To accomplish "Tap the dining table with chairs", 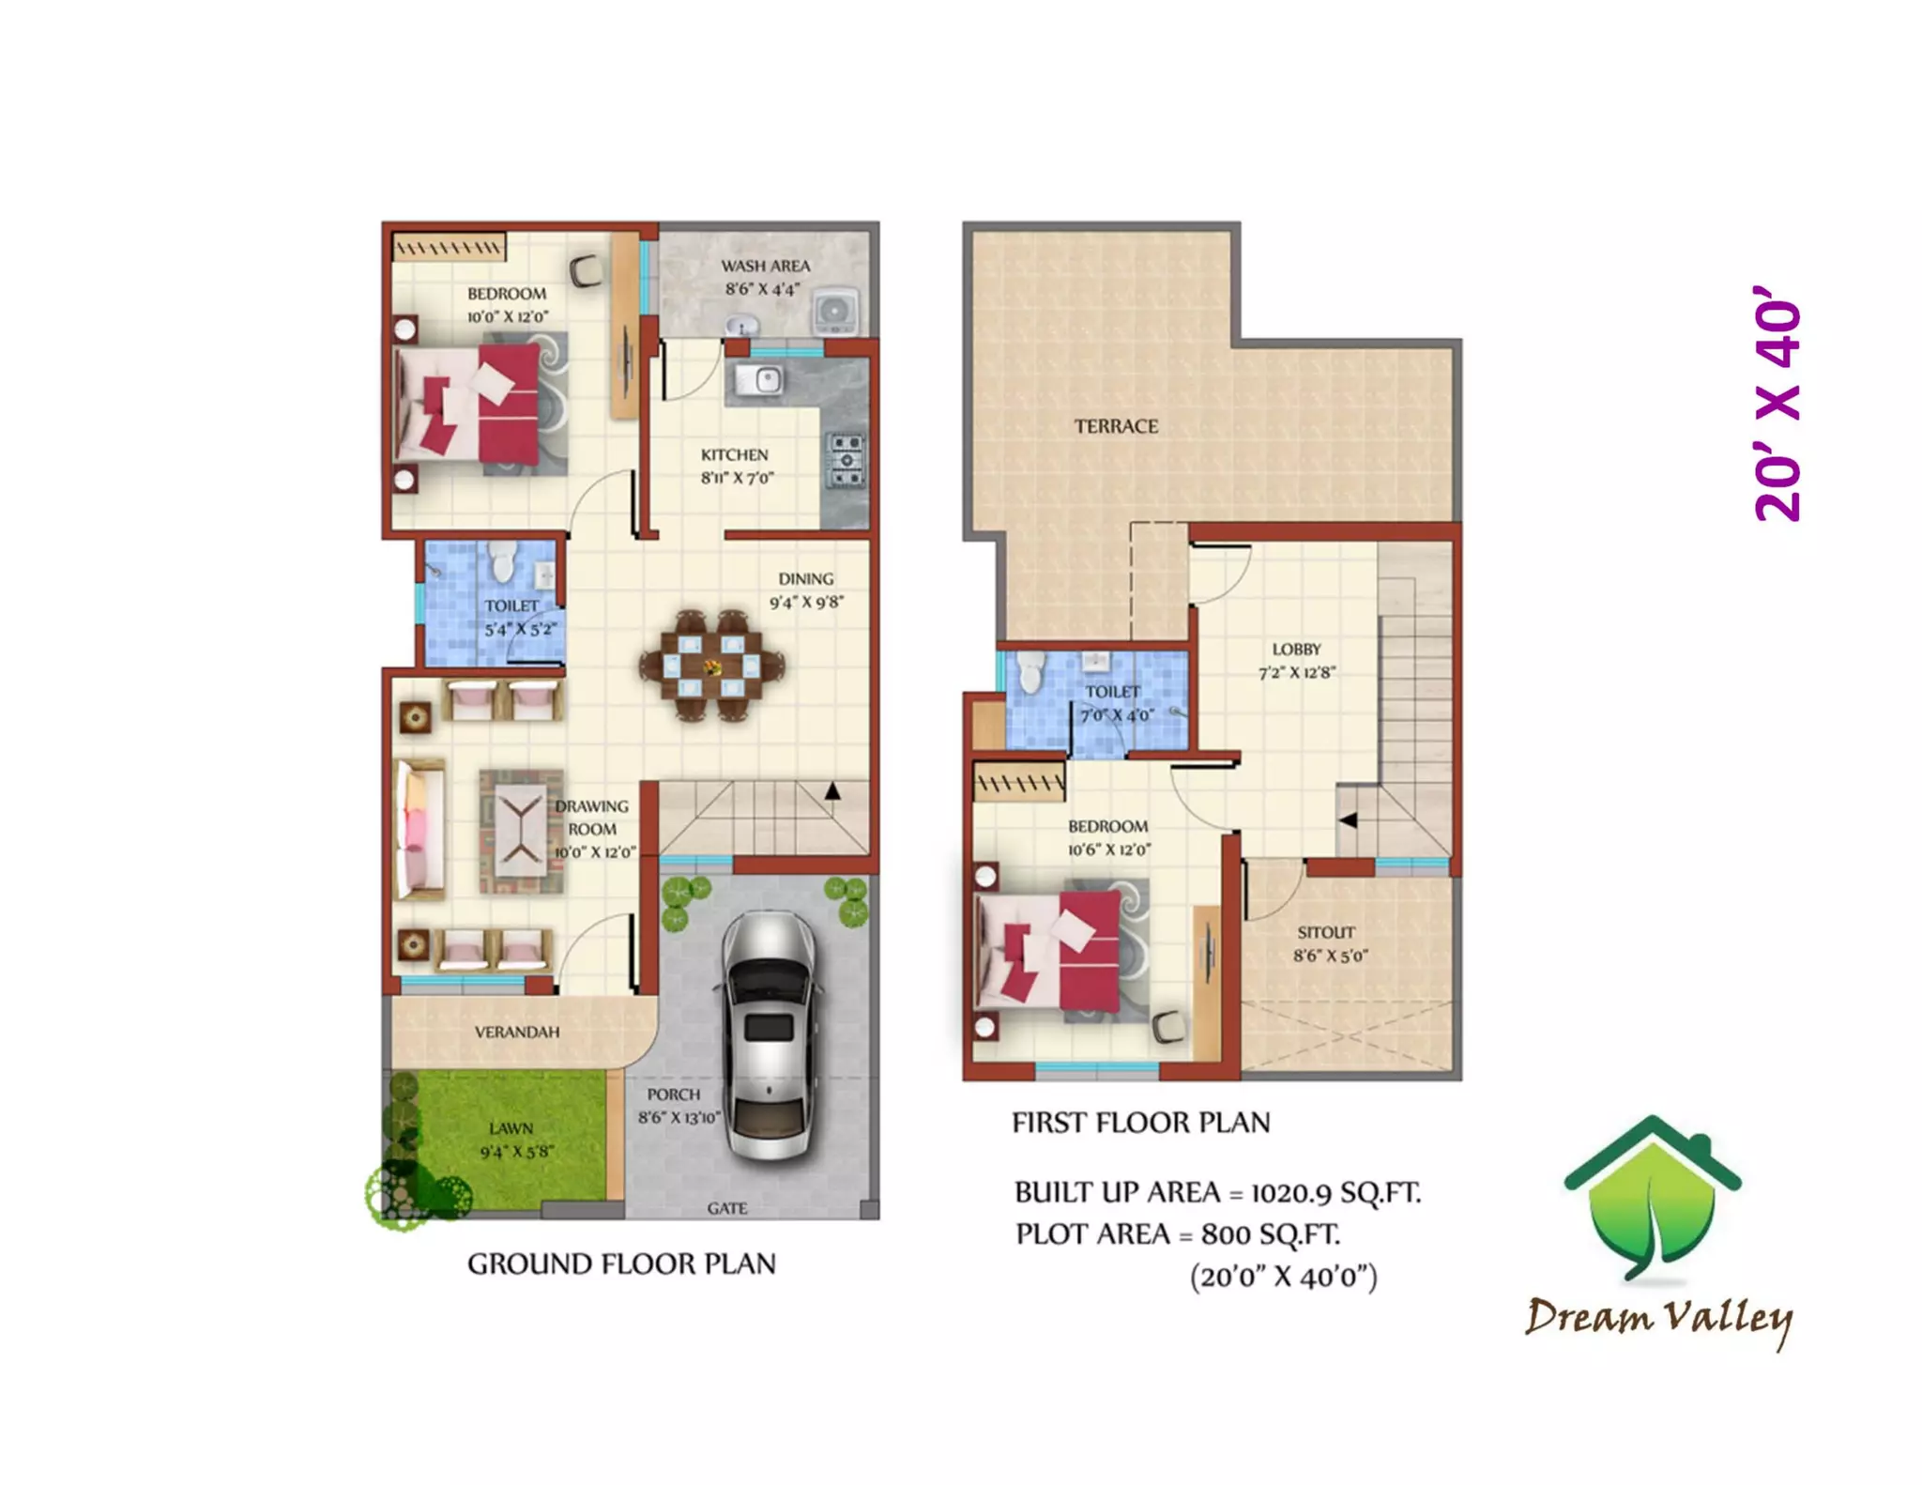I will click(x=711, y=666).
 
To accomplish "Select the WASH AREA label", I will click(x=765, y=267).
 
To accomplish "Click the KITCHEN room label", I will click(x=734, y=455).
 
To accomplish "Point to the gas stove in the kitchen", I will click(x=846, y=461).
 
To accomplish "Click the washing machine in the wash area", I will click(x=834, y=310).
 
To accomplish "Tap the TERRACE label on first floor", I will click(x=1116, y=427).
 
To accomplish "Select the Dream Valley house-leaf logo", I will click(x=1652, y=1197).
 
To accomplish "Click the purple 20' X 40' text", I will click(x=1777, y=404).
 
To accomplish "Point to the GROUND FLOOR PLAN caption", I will click(x=621, y=1264).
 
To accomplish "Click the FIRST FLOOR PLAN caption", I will click(x=1140, y=1123).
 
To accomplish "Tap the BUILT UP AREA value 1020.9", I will click(x=1290, y=1193).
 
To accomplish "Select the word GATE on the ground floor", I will click(x=727, y=1208).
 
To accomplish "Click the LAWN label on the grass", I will click(x=511, y=1128).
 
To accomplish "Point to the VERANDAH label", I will click(x=517, y=1033).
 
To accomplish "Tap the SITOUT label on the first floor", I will click(x=1326, y=932).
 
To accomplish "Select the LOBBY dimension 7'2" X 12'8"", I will click(x=1296, y=673).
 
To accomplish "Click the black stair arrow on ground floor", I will click(x=832, y=791).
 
